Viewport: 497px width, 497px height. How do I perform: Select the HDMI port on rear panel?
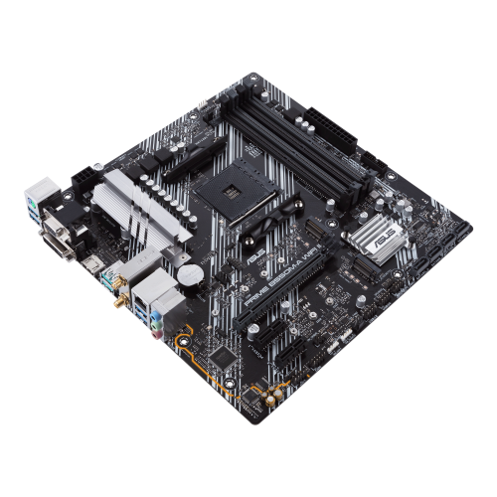point(92,265)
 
